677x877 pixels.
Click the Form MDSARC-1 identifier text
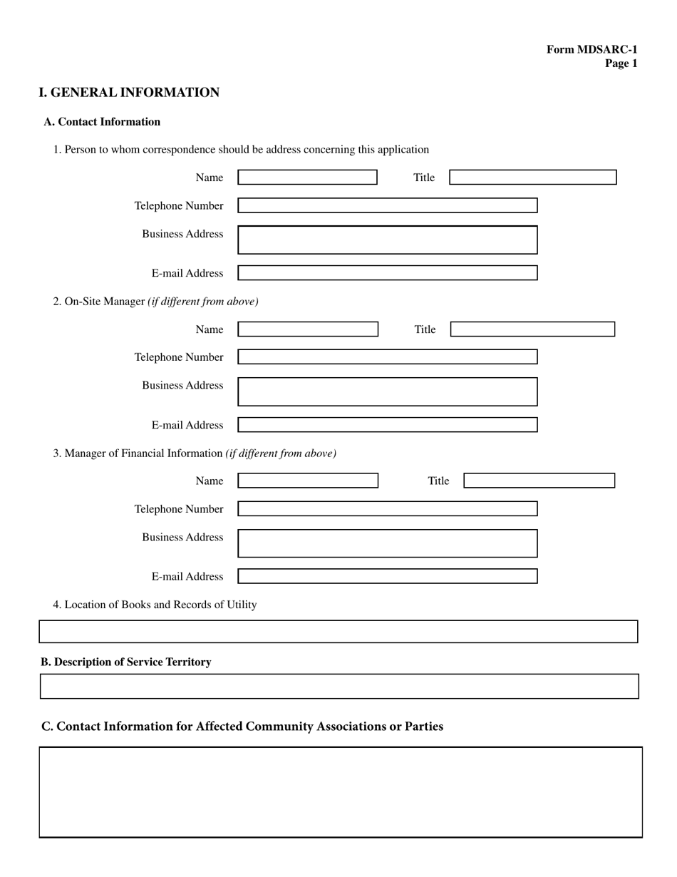pyautogui.click(x=591, y=49)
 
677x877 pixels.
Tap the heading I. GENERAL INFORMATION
pyautogui.click(x=129, y=93)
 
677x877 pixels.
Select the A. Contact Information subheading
pyautogui.click(x=102, y=122)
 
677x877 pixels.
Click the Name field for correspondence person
pyautogui.click(x=307, y=178)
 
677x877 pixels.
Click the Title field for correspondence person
pyautogui.click(x=532, y=178)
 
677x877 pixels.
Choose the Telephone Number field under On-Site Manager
pyautogui.click(x=387, y=357)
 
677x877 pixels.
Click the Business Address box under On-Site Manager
pyautogui.click(x=387, y=391)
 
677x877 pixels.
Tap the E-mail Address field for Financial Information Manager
pyautogui.click(x=387, y=576)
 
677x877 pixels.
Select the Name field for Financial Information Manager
pyautogui.click(x=308, y=481)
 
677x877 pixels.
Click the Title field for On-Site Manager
pyautogui.click(x=532, y=329)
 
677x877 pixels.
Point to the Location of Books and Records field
pyautogui.click(x=338, y=632)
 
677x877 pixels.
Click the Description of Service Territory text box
pyautogui.click(x=338, y=686)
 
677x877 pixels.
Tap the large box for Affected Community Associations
pyautogui.click(x=340, y=791)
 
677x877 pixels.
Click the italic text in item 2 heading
pyautogui.click(x=203, y=302)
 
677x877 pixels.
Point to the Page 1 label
pyautogui.click(x=621, y=63)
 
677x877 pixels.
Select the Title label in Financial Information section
pyautogui.click(x=438, y=481)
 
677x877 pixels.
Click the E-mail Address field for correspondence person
pyautogui.click(x=387, y=273)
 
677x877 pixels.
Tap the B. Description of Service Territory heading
pyautogui.click(x=125, y=662)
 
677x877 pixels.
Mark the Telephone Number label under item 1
pyautogui.click(x=179, y=206)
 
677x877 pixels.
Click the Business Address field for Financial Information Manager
pyautogui.click(x=387, y=543)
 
